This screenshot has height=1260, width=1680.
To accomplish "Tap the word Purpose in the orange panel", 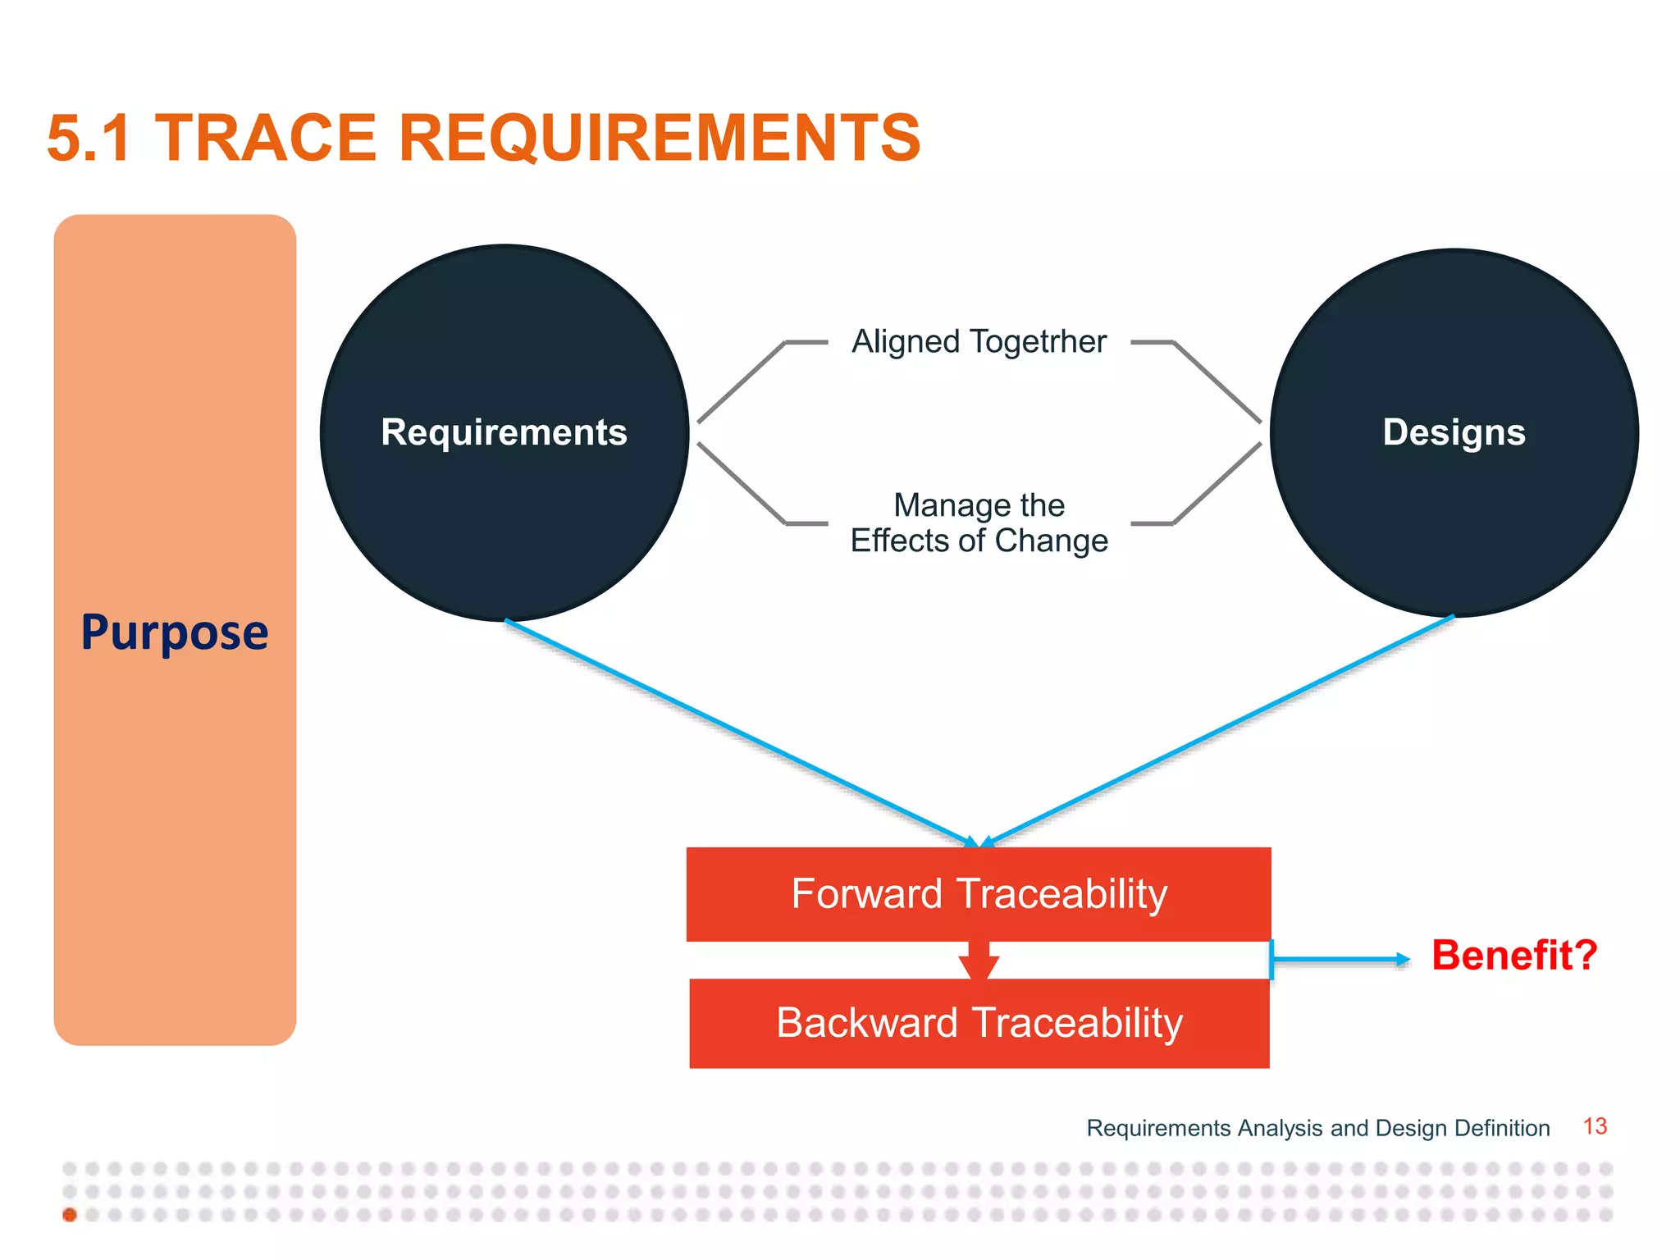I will [175, 632].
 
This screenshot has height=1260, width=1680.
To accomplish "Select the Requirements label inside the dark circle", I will [504, 432].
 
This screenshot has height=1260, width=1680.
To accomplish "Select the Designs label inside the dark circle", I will [1454, 432].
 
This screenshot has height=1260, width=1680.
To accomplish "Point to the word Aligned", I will [906, 341].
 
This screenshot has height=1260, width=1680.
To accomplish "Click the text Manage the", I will [979, 505].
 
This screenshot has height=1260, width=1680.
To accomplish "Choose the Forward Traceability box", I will [979, 894].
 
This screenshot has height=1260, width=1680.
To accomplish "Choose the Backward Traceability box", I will [979, 1023].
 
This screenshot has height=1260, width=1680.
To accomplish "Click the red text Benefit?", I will [1514, 956].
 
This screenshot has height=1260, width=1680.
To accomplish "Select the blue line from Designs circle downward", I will [1218, 730].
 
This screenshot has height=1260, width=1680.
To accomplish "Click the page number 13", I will [1595, 1126].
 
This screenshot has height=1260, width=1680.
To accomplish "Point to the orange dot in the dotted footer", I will [70, 1215].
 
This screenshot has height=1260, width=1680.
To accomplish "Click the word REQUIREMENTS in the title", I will [660, 138].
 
